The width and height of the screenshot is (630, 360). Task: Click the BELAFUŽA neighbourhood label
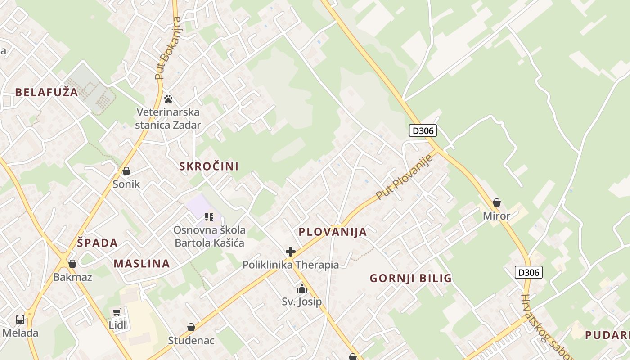point(46,93)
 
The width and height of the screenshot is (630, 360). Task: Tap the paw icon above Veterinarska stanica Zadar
point(168,99)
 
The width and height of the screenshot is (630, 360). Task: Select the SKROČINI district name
point(209,166)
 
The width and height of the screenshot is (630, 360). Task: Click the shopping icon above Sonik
point(126,171)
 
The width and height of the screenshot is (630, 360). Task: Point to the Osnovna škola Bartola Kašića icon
point(209,217)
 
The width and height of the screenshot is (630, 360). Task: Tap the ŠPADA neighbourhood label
point(97,243)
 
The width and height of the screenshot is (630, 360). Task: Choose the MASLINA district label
point(142,264)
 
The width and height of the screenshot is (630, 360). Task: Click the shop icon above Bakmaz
point(72,264)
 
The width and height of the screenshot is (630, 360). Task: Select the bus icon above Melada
point(20,319)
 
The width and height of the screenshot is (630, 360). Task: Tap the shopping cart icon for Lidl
point(117,312)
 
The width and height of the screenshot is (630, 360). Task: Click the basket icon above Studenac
point(191,327)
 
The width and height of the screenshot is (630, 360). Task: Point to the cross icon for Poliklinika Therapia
point(291,252)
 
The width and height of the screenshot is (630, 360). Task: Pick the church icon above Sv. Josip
point(302,288)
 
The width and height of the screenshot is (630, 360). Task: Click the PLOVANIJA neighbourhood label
point(333,232)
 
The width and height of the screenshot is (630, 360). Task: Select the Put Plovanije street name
point(404,177)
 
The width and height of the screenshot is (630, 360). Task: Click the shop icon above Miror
point(497,203)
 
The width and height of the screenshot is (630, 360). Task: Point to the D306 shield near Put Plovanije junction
point(423,131)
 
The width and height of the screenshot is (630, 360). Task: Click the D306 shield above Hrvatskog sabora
point(529,272)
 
